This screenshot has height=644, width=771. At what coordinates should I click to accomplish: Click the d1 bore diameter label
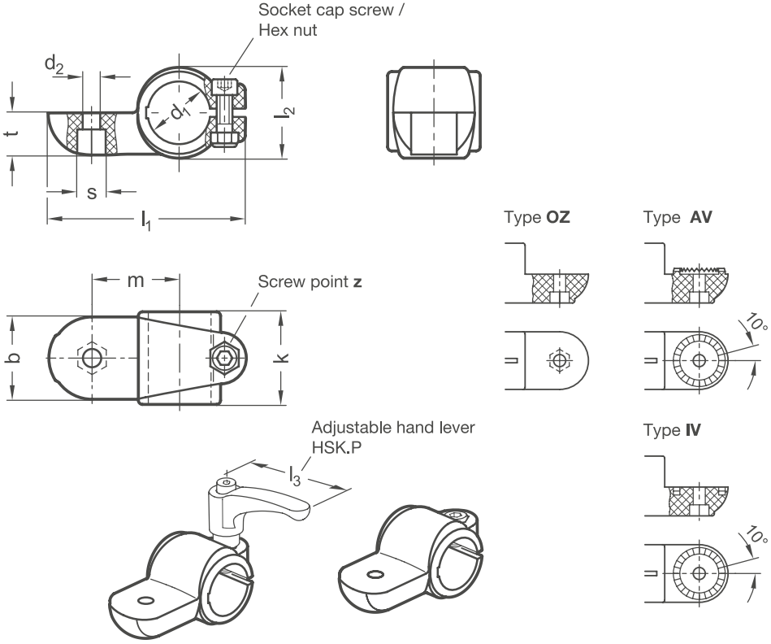[x=180, y=113]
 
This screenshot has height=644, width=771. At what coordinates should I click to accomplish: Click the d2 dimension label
[x=54, y=64]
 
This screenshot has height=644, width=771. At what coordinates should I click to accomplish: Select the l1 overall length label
[x=146, y=220]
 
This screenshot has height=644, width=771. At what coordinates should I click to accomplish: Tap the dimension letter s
[x=92, y=193]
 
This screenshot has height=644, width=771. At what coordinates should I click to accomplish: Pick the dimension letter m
[x=136, y=281]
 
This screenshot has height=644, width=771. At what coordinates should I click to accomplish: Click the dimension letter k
[x=284, y=358]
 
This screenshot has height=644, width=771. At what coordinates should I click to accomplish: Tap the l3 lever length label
[x=294, y=476]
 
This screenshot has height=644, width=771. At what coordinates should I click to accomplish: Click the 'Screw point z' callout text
[x=310, y=282]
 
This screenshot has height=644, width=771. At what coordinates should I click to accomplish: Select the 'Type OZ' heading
[x=537, y=217]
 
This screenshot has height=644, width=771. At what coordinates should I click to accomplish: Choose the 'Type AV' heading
[x=678, y=217]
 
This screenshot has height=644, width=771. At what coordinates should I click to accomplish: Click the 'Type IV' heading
[x=672, y=430]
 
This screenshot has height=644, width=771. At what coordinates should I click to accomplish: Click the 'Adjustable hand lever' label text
[x=393, y=428]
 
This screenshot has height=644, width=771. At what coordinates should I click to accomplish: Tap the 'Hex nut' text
[x=288, y=31]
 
